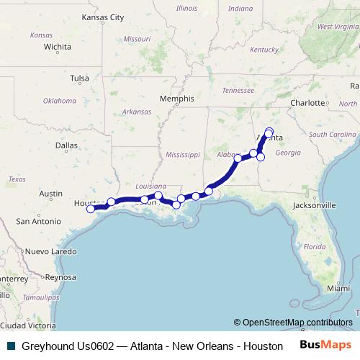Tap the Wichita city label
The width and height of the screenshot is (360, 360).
click(57, 48)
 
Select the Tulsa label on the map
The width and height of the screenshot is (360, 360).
click(80, 78)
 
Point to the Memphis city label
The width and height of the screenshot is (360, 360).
click(177, 99)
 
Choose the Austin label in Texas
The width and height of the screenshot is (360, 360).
click(50, 194)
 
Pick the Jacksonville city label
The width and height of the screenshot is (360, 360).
click(315, 205)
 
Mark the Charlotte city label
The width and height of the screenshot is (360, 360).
click(309, 103)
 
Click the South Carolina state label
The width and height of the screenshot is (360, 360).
click(332, 135)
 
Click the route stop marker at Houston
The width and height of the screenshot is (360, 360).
click(91, 210)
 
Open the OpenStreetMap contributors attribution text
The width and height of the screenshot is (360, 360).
click(297, 322)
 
